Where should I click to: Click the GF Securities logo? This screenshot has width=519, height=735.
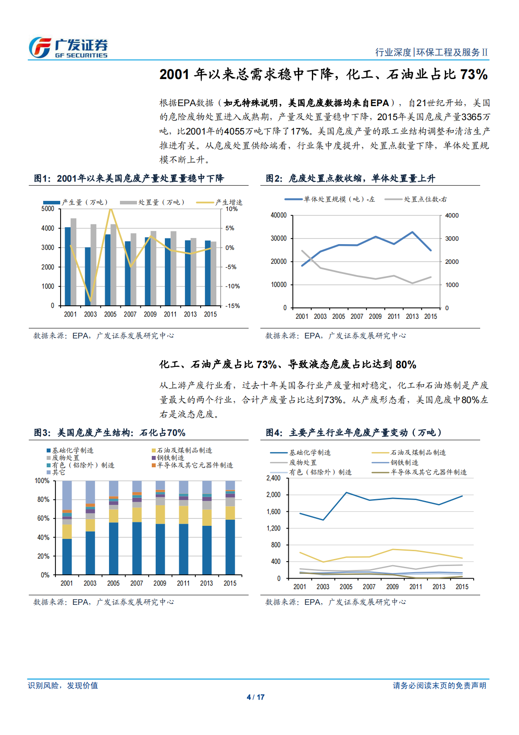click(x=68, y=48)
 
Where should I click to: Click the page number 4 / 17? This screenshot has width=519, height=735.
click(x=256, y=697)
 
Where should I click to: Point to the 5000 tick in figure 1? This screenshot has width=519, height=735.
click(x=48, y=209)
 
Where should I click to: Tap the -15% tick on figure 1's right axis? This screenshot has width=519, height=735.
click(x=232, y=306)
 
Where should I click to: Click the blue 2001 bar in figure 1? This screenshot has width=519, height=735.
click(x=68, y=266)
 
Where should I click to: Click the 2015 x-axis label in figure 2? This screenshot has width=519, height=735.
click(x=430, y=316)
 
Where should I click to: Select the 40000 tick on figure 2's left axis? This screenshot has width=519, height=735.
click(x=278, y=215)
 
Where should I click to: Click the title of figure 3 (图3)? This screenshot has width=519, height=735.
click(x=110, y=432)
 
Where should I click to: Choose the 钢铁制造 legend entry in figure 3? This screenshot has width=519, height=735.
click(x=170, y=458)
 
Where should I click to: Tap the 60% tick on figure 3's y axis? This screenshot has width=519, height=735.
click(x=43, y=518)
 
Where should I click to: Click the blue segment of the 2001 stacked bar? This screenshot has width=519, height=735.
click(x=67, y=556)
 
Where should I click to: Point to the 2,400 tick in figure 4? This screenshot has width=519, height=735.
click(x=273, y=478)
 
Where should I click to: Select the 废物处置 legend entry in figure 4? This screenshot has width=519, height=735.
click(x=303, y=462)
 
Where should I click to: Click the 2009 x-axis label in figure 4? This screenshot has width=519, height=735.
click(x=392, y=587)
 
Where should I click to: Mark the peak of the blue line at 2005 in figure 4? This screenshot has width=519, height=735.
click(x=346, y=493)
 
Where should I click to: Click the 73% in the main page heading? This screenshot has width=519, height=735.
click(x=474, y=74)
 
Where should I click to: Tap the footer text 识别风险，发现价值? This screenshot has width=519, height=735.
click(x=63, y=685)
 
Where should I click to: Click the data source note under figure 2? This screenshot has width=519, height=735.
click(x=335, y=335)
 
